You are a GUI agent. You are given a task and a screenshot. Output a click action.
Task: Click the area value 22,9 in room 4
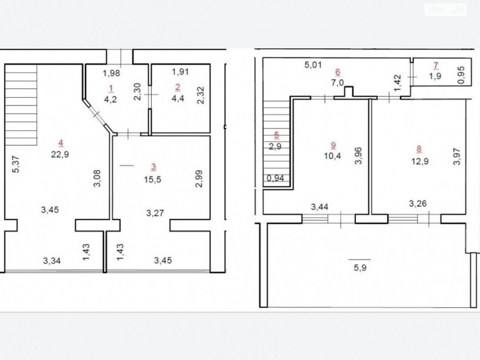[60, 154]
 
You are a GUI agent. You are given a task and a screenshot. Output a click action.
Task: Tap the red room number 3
[154, 167]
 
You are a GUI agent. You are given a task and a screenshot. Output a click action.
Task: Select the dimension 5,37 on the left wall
[16, 164]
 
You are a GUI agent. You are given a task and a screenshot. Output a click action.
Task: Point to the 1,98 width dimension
[111, 73]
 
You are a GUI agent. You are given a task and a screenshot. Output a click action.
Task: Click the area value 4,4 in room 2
[178, 99]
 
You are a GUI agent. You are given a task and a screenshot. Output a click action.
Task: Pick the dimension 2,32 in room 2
[200, 95]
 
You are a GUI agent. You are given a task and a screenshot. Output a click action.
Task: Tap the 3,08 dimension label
[97, 178]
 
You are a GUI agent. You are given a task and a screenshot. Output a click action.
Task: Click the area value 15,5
[152, 180]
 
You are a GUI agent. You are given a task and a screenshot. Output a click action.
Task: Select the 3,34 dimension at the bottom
[52, 261]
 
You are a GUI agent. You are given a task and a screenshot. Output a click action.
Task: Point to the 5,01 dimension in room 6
[313, 65]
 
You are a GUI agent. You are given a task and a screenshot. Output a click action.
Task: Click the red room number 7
[436, 65]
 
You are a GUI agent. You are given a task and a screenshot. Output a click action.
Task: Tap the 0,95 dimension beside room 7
[461, 75]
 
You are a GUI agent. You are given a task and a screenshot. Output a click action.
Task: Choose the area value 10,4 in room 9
[332, 156]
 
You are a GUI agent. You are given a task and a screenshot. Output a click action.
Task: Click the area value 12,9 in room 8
[420, 161]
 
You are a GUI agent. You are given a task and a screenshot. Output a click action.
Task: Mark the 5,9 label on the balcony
[360, 268]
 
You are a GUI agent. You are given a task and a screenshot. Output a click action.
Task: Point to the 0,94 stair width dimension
[275, 178]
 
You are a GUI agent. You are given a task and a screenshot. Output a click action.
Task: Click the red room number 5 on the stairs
[276, 135]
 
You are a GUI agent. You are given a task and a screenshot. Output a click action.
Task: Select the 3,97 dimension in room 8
[457, 157]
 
